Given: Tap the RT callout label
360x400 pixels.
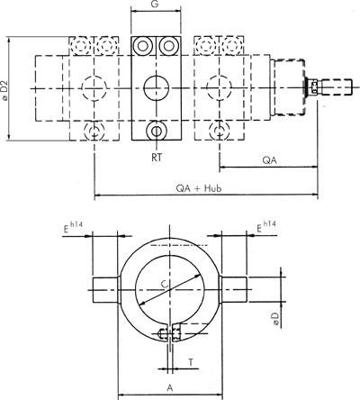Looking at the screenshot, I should tap(157, 154).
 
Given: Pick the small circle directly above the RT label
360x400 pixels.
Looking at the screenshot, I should tap(157, 132).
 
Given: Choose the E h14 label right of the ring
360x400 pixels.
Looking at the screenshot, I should tap(265, 227).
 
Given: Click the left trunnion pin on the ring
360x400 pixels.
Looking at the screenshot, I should tap(104, 291).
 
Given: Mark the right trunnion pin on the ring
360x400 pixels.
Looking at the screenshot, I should tap(236, 291).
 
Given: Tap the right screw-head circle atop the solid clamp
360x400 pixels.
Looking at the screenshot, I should tap(168, 46).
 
